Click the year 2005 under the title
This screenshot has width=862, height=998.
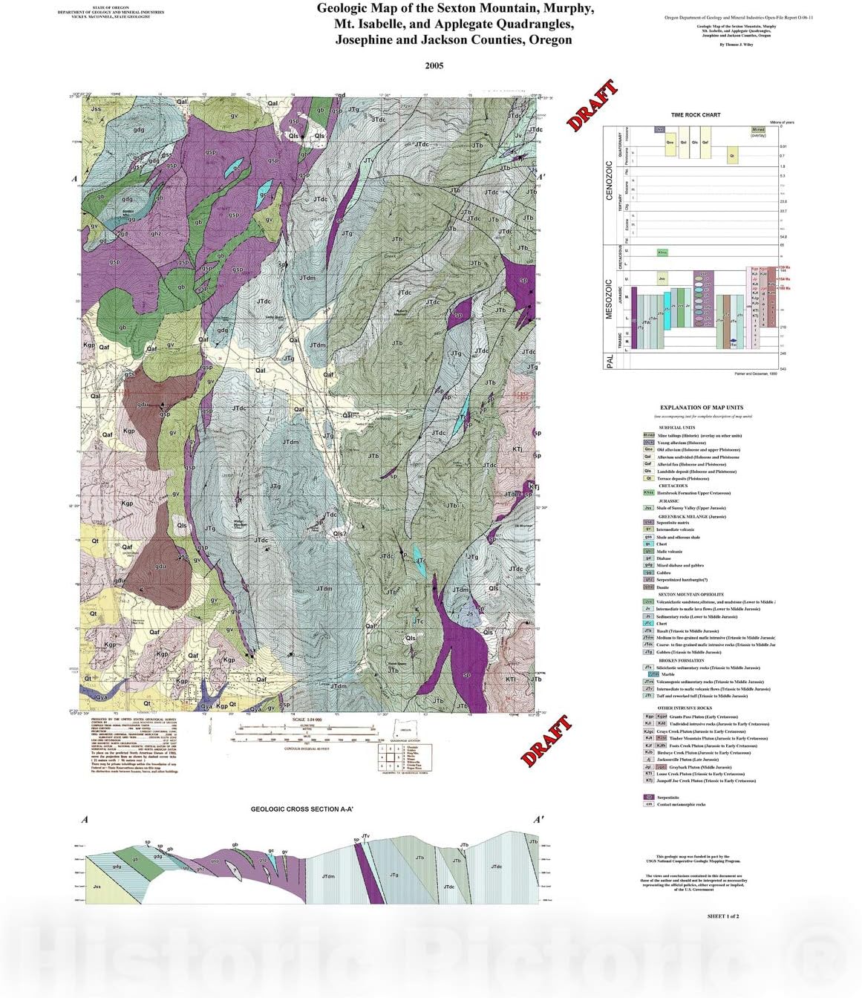point(434,65)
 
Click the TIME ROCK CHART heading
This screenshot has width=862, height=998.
point(696,115)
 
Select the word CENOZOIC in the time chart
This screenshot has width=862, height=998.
point(610,180)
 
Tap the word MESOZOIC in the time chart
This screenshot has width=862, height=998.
point(610,299)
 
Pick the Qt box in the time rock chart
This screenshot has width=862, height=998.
point(733,156)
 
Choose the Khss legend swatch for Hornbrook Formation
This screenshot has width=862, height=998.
point(648,493)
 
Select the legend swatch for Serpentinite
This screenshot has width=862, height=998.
point(648,798)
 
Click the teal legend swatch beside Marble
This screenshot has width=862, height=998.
point(653,674)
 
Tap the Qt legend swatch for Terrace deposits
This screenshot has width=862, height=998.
point(648,479)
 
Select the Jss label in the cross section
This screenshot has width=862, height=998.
point(97,886)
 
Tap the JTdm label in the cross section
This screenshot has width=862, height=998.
point(328,877)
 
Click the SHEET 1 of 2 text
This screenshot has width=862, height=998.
point(722,916)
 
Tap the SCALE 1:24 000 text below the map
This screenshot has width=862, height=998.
point(309,720)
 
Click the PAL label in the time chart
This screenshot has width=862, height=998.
point(610,362)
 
